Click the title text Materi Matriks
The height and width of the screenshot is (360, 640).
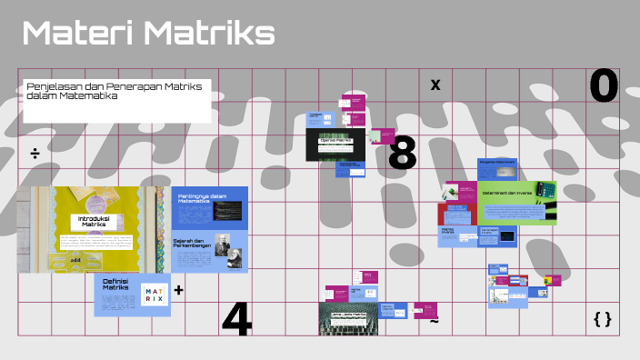point(147,34)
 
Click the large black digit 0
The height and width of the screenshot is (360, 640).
point(604,86)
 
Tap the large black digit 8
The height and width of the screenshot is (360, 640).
point(402,155)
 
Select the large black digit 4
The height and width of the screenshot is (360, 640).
point(236,318)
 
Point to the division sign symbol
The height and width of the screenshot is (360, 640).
point(35,153)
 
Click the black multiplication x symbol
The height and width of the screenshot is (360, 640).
point(435,85)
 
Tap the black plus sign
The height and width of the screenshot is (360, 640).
point(178,291)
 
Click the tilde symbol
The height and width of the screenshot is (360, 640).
point(434,321)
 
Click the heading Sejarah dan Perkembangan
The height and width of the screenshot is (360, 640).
point(193,244)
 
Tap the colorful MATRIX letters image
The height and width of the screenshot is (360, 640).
point(154,295)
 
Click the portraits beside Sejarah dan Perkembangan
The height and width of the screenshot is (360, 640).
point(228,257)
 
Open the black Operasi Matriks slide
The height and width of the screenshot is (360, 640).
point(335,142)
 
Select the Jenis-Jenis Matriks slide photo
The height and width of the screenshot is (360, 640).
point(347,319)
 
